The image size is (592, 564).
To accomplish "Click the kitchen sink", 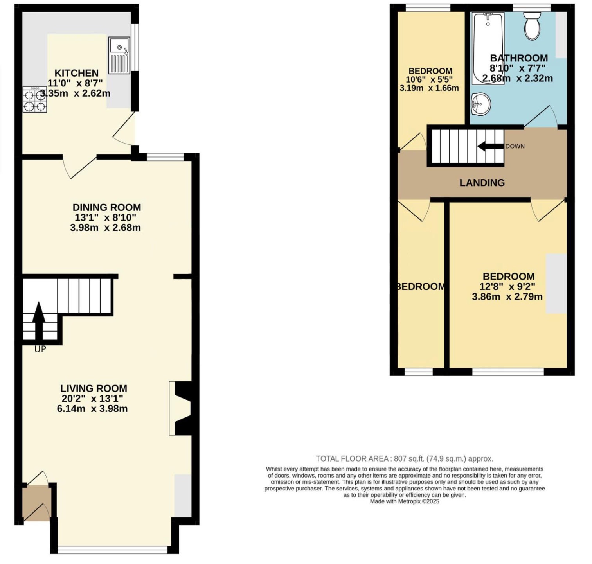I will (119, 55).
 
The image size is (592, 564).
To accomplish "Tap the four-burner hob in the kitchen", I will (34, 99).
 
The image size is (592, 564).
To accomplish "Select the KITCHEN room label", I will (76, 73).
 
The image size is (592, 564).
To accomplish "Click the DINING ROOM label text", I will (106, 207).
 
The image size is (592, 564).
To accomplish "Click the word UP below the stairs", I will (40, 349).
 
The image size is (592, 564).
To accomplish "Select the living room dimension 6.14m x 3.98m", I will (92, 409).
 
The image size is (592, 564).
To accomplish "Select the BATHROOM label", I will (519, 58).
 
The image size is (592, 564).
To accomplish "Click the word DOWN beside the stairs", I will (515, 146).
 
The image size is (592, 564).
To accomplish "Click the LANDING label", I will (482, 183).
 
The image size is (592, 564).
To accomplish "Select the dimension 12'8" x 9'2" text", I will (507, 286).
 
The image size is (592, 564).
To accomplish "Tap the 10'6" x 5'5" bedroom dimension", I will (429, 79).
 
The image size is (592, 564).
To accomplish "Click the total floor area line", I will (404, 459).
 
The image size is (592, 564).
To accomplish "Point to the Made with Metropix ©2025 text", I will (404, 501).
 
